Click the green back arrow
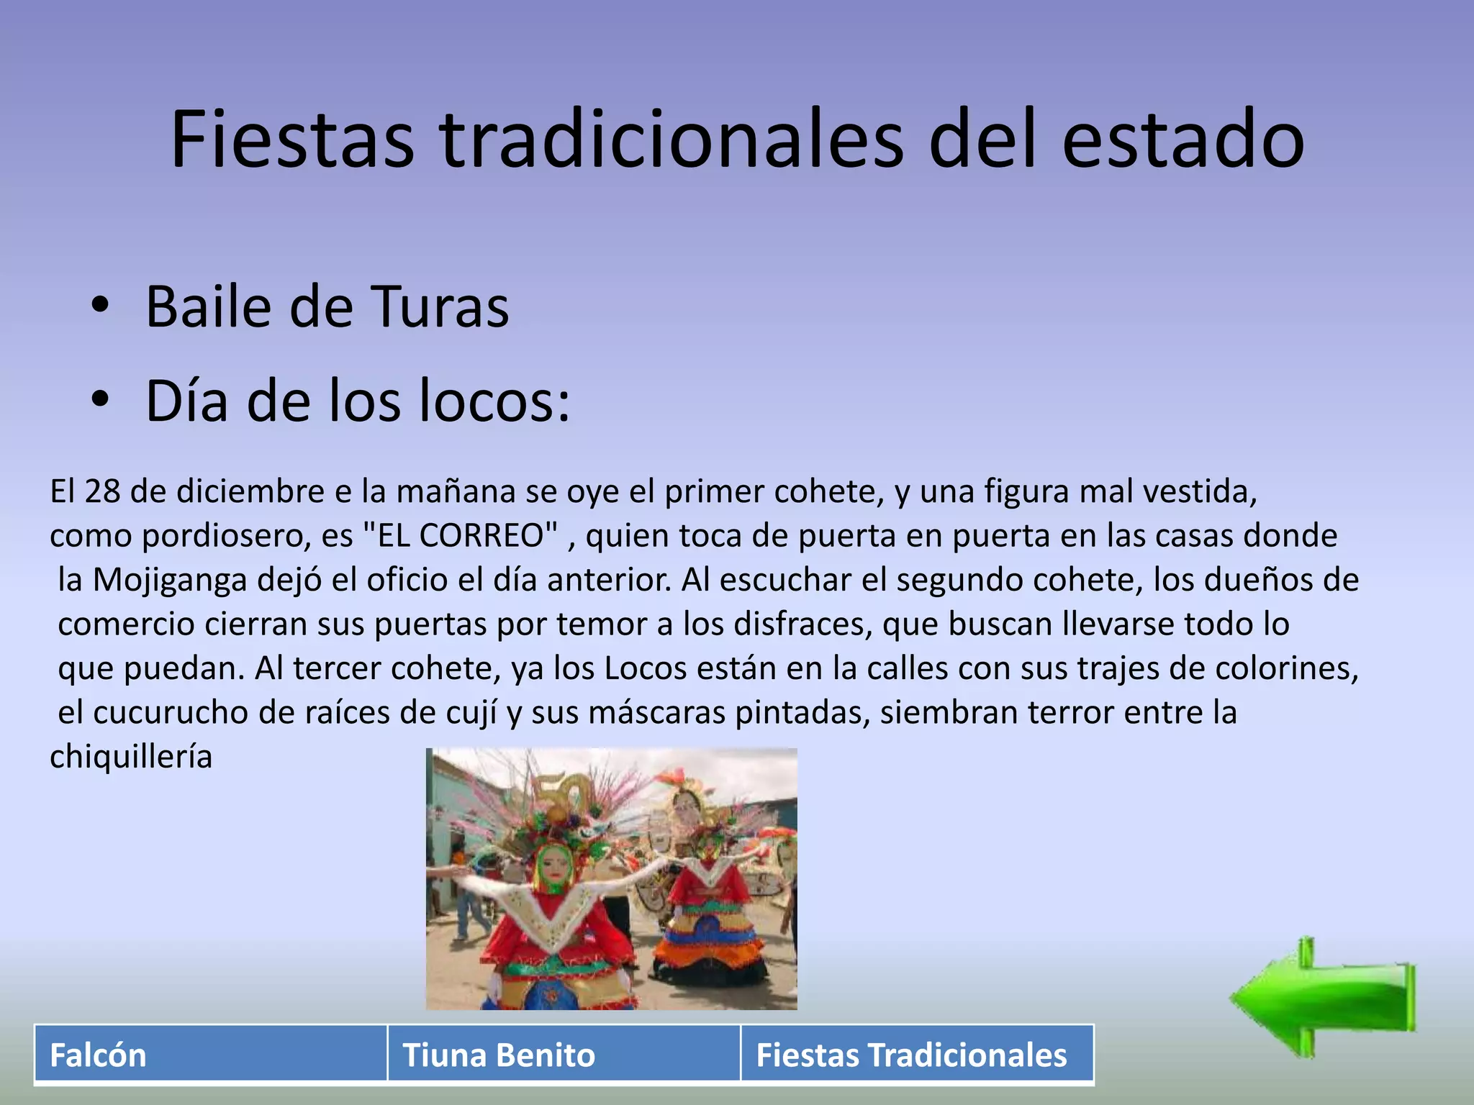click(x=1323, y=998)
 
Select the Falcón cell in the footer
click(x=210, y=1055)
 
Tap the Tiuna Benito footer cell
click(x=564, y=1055)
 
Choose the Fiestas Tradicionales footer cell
click(x=916, y=1055)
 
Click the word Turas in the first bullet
click(x=440, y=307)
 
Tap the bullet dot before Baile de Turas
click(x=100, y=305)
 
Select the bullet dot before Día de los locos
click(x=100, y=400)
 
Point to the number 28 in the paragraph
click(x=102, y=491)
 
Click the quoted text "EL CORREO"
click(x=461, y=535)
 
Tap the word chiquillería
click(x=131, y=757)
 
